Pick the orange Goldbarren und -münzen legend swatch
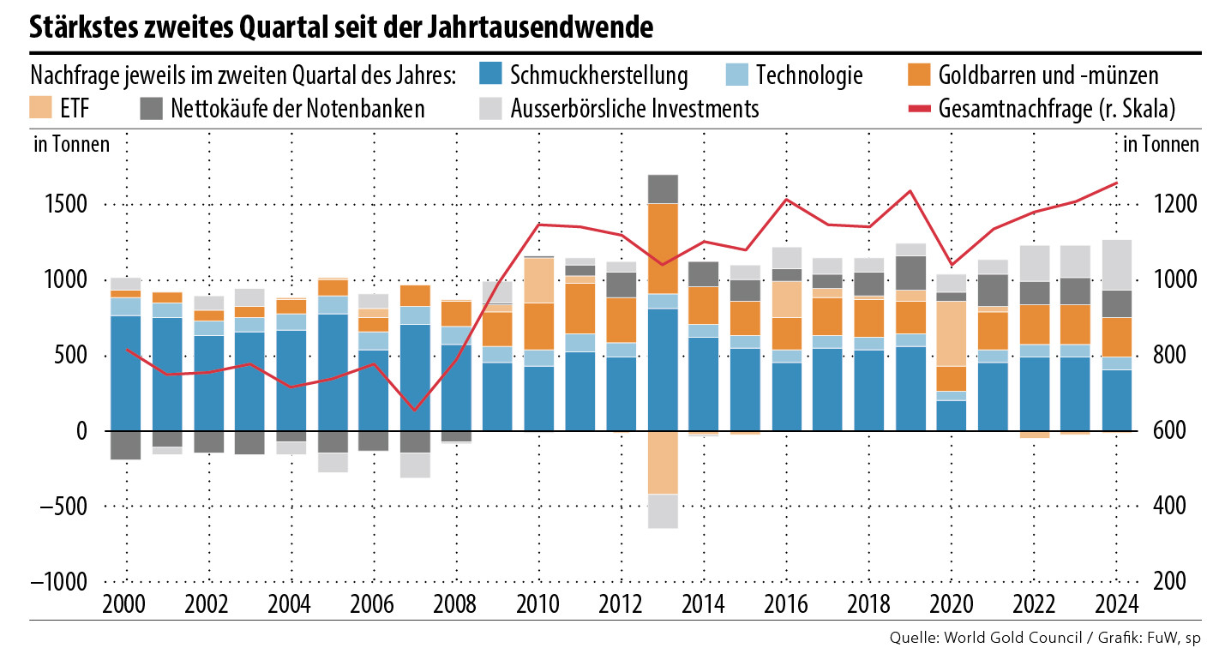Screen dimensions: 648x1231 tap(917, 75)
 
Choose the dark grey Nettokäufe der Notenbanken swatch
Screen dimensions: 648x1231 tap(151, 108)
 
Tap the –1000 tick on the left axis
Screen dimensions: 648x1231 tap(59, 580)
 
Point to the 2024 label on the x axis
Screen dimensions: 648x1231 tap(1116, 601)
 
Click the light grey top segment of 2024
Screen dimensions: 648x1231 tap(1116, 265)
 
